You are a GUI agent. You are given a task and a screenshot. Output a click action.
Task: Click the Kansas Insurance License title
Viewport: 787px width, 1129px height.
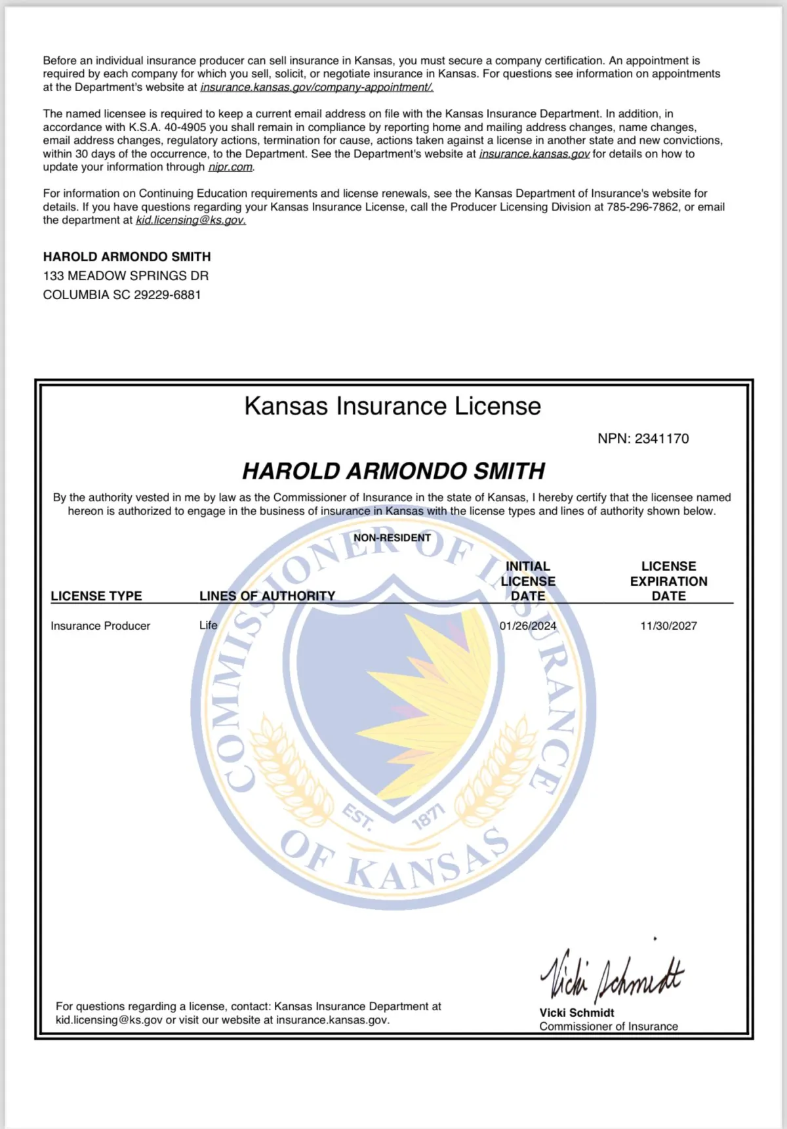click(392, 406)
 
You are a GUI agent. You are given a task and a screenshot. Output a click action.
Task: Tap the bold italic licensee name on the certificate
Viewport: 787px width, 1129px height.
click(393, 471)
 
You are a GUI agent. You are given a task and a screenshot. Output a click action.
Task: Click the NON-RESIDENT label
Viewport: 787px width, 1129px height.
click(392, 538)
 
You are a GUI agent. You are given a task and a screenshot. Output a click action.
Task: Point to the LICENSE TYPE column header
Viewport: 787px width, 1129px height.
click(96, 596)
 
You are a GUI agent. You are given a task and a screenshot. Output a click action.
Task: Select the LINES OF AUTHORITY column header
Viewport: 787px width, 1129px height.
click(267, 596)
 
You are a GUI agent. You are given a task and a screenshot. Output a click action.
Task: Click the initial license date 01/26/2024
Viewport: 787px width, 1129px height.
click(528, 626)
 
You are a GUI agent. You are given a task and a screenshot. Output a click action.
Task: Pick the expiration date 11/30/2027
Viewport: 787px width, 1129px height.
click(668, 626)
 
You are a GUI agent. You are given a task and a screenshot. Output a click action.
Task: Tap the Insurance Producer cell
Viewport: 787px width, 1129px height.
click(100, 626)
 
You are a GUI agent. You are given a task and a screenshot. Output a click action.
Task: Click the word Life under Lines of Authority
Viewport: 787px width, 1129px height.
click(208, 626)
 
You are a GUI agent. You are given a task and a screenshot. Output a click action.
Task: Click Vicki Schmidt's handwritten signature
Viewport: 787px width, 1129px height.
click(611, 974)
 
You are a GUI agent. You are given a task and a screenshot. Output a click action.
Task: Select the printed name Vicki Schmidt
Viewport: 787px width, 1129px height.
click(576, 1012)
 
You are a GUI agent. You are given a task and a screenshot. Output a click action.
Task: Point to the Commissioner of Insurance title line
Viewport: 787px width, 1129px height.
click(609, 1026)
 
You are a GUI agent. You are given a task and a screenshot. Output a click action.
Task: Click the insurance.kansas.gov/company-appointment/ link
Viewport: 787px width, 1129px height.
click(317, 87)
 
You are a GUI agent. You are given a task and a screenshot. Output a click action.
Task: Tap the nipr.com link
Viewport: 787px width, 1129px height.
click(230, 167)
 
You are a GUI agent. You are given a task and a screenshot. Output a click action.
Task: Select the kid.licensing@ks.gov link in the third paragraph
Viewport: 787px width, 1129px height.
click(191, 220)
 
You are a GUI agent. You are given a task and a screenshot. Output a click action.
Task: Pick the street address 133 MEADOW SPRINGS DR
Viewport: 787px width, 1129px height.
click(126, 276)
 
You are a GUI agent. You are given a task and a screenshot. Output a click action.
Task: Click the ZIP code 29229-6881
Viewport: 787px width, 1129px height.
click(167, 295)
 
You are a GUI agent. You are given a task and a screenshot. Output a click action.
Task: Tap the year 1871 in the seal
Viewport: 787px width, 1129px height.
click(428, 816)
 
